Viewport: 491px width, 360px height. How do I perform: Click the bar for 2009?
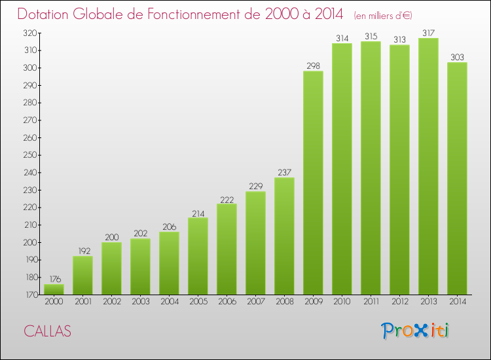pos(313,183)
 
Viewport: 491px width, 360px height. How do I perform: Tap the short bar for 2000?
pos(54,289)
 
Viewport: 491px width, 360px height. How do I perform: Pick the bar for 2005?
pos(198,256)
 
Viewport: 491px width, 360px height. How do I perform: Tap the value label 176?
pos(54,279)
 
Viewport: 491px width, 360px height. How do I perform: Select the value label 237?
pos(284,172)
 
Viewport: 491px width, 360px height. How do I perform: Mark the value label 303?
pos(457,57)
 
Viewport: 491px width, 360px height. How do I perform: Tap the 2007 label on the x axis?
pos(255,302)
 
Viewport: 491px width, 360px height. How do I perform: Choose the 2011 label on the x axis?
pos(371,302)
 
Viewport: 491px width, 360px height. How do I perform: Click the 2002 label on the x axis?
pos(111,302)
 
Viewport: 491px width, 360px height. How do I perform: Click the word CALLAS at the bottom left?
pos(47,331)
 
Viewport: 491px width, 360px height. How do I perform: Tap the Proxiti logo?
pos(416,331)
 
